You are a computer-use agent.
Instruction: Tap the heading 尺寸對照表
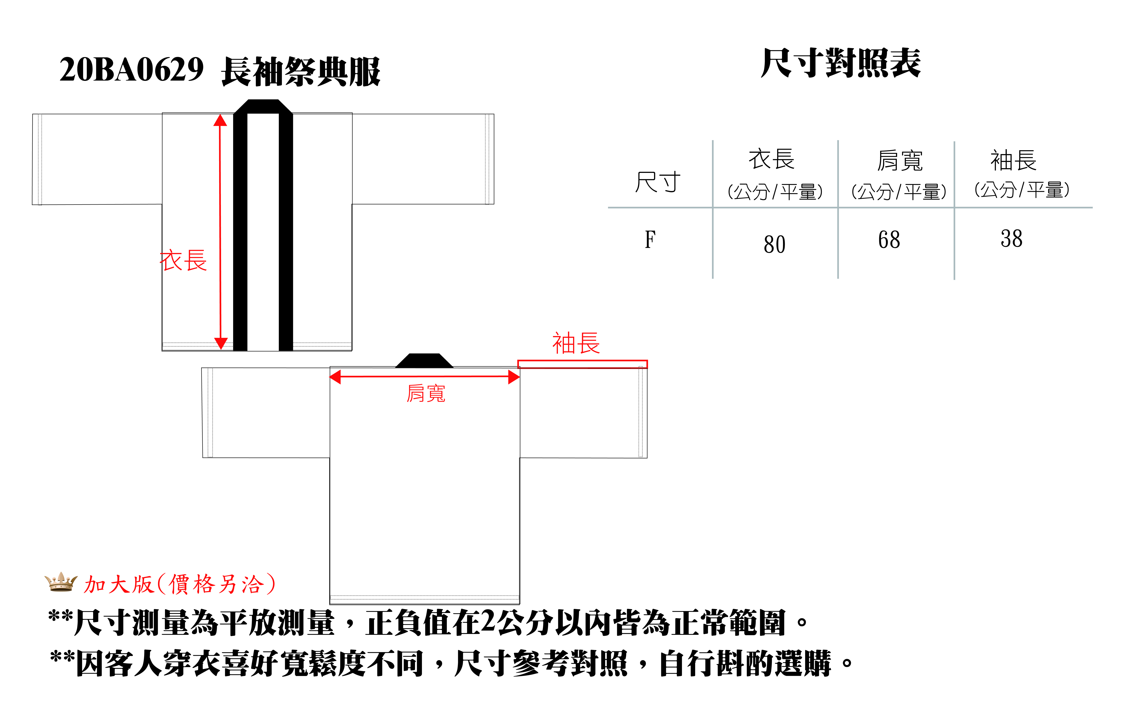coord(841,63)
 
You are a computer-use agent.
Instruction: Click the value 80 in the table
coord(774,245)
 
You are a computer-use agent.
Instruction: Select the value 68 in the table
coord(889,240)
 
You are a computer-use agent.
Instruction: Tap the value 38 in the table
coord(1011,239)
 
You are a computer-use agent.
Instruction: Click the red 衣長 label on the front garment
coord(183,261)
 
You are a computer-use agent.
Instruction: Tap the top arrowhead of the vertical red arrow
coord(220,121)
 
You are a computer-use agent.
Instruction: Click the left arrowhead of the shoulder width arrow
coord(335,377)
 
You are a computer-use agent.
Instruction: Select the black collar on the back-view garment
coord(424,361)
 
